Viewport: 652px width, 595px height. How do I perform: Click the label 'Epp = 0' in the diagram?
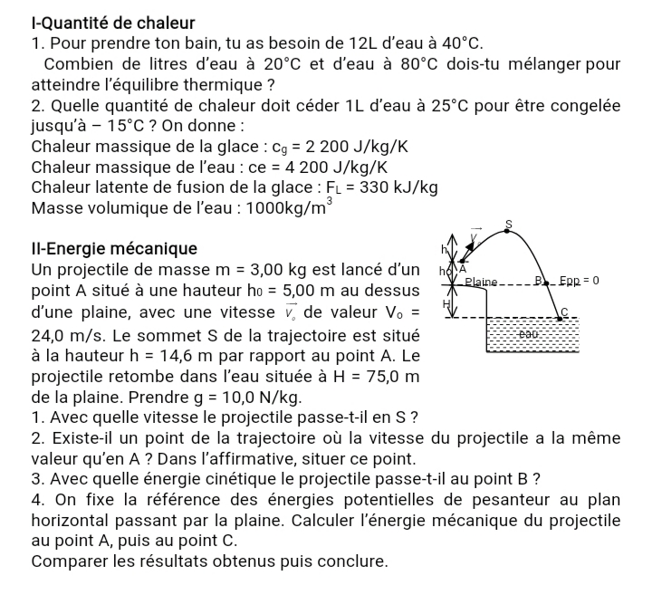[579, 281]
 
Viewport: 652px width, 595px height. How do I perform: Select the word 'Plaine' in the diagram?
[484, 283]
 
